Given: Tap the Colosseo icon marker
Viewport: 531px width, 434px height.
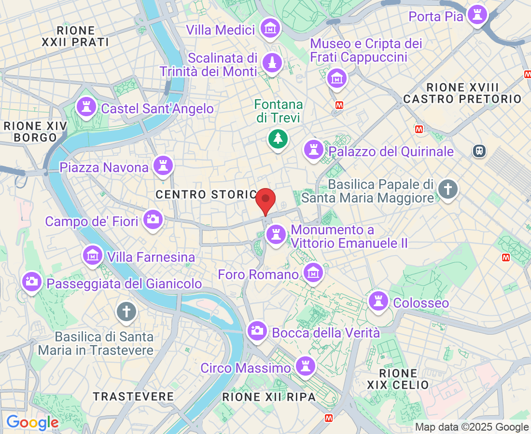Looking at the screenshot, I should click(378, 301).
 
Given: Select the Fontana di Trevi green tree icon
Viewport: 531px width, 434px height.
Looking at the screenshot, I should click(278, 139).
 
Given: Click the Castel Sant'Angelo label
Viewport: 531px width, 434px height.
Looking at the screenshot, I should click(157, 108).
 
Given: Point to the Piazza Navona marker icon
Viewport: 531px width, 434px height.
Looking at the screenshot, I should click(163, 166).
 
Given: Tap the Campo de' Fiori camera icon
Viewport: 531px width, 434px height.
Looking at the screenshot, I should click(153, 219).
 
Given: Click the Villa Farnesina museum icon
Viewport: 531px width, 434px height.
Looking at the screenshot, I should click(92, 256).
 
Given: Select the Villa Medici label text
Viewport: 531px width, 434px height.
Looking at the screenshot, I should click(221, 30).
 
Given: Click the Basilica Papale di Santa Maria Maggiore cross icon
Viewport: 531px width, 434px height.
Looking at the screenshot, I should click(448, 189).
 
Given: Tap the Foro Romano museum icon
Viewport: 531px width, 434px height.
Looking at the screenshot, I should click(313, 273).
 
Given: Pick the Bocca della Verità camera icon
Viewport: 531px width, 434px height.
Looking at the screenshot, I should click(257, 330).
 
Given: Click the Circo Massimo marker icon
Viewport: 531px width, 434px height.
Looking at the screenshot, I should click(305, 366).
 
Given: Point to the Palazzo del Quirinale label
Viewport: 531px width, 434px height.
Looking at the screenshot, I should click(391, 151).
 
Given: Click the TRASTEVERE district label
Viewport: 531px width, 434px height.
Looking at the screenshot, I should click(133, 396).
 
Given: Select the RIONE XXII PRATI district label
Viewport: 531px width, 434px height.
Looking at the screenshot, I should click(75, 36).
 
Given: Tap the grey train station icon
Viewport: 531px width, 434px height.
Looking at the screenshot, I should click(479, 151).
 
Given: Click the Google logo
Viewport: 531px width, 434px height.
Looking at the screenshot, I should click(32, 423).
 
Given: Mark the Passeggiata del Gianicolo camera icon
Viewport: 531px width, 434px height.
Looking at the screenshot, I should click(32, 282).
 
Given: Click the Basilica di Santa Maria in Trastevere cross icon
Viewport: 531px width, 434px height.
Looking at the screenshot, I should click(126, 312).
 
